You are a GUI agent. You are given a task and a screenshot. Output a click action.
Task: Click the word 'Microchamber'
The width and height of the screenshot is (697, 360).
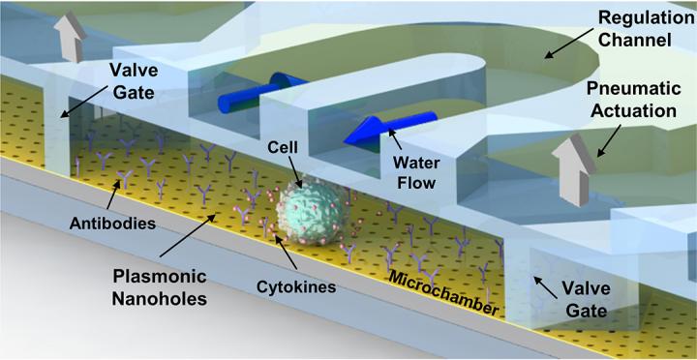click(x=443, y=292)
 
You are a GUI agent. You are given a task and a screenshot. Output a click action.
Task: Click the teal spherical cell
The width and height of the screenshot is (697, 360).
click(x=310, y=213)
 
